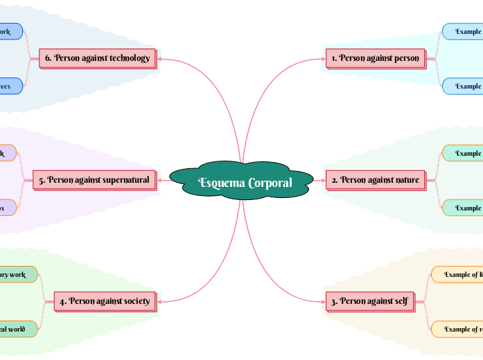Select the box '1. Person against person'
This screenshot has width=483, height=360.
375,58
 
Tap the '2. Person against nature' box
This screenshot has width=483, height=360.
375,180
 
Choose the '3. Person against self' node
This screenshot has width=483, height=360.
369,301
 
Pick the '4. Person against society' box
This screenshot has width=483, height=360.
105,301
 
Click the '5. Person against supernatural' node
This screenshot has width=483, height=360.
94,180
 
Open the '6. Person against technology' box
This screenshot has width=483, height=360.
97,58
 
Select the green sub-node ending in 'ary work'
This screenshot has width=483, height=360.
14,275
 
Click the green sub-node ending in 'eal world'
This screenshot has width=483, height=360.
14,329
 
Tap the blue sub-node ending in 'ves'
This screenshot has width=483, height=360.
8,87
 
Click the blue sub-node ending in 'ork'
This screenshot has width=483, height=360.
8,32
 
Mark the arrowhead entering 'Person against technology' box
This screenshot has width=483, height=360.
159,58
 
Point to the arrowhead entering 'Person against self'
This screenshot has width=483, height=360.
322,301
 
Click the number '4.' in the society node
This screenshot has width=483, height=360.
63,301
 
